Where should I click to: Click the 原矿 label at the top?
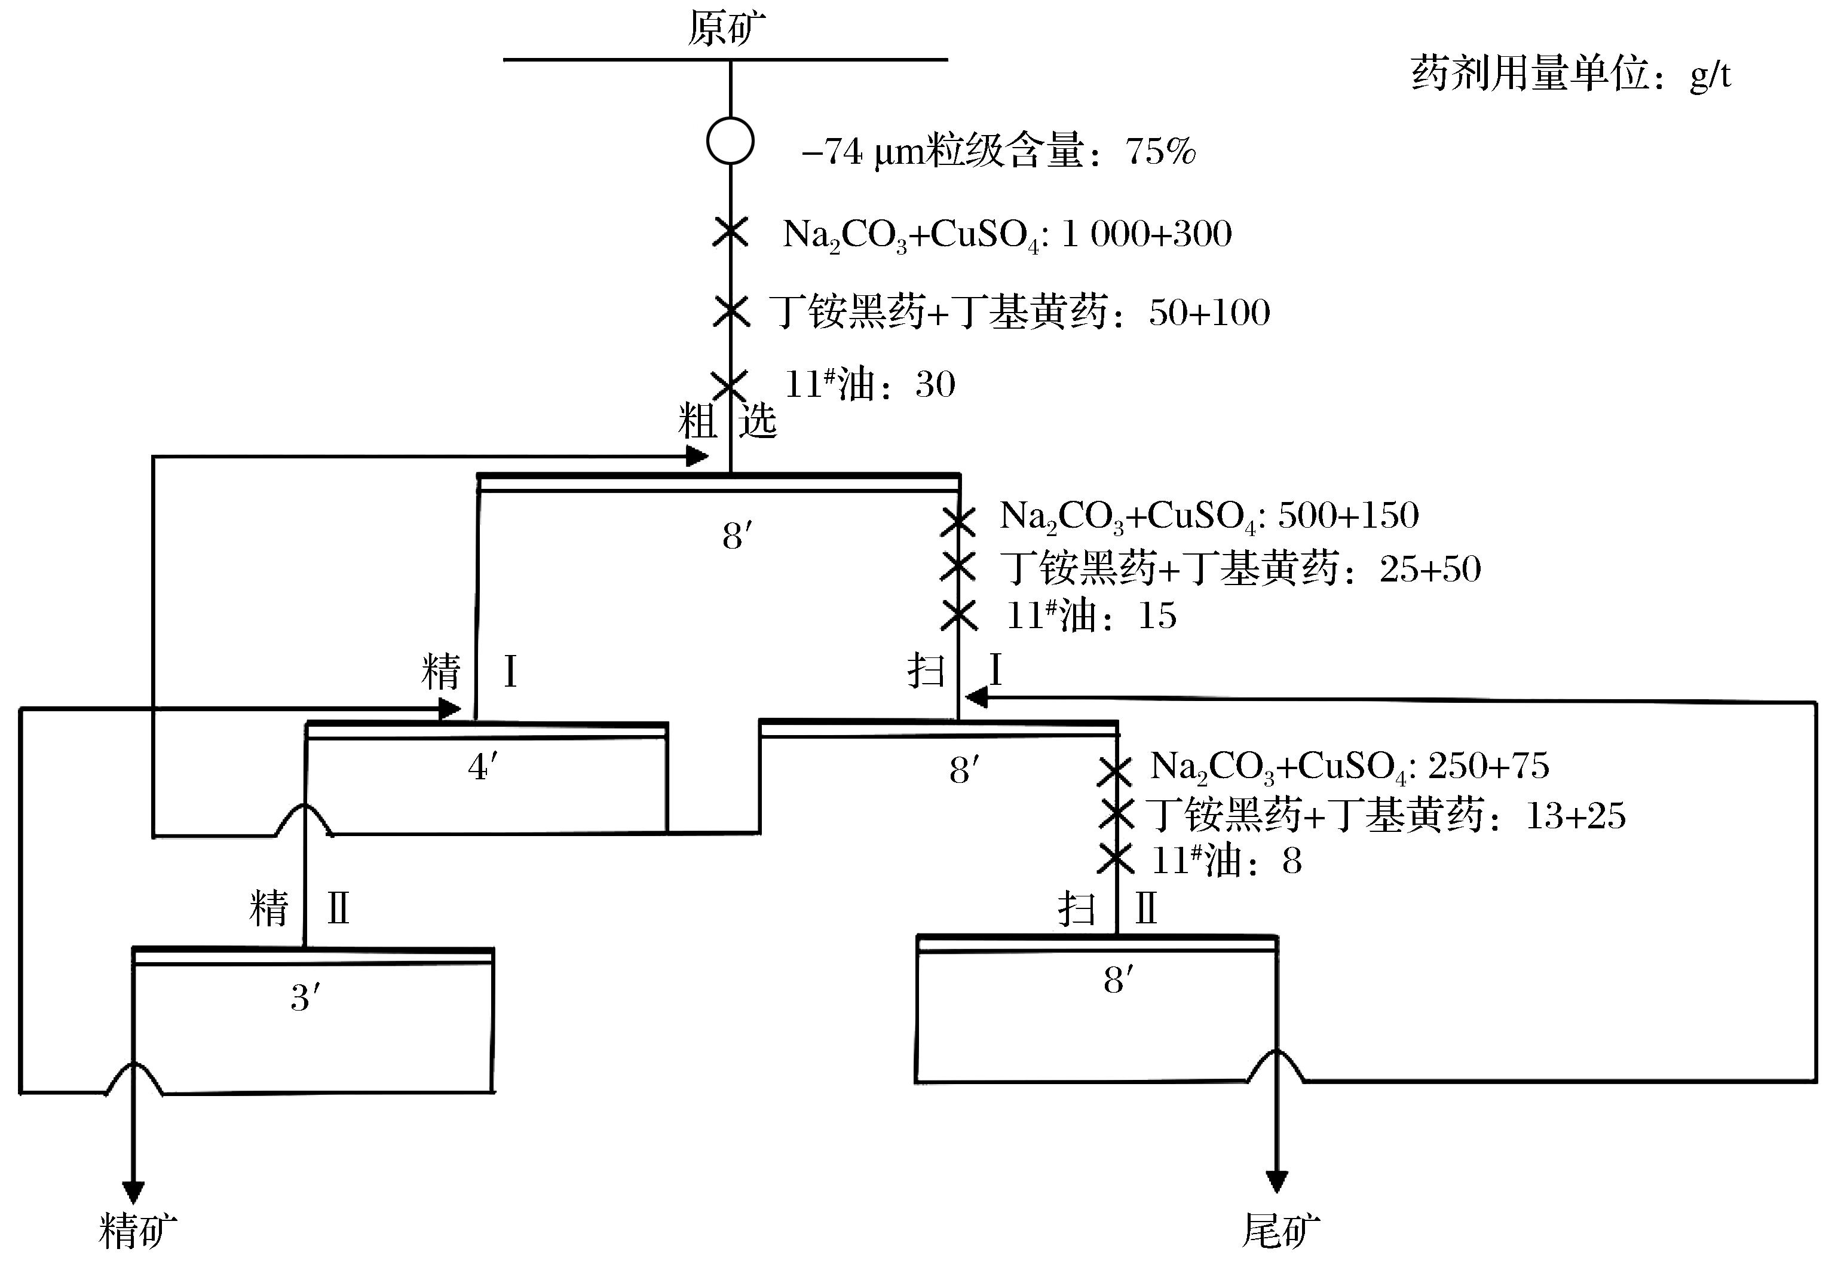click(726, 29)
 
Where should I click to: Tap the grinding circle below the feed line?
click(730, 140)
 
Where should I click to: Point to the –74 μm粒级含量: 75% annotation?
click(998, 150)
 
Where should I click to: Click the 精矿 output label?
click(137, 1230)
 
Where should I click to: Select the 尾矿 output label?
click(1280, 1230)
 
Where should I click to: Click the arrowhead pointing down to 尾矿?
click(1276, 1180)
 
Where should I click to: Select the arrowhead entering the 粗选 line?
click(696, 456)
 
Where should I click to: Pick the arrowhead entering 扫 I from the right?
click(976, 697)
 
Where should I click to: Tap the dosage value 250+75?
click(1489, 765)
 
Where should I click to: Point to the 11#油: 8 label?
click(1226, 861)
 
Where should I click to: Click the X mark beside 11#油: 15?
click(959, 615)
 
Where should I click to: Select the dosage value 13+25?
click(1575, 815)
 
